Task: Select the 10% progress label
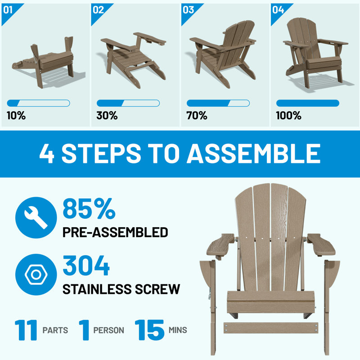[x=16, y=115]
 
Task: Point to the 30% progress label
[x=107, y=115]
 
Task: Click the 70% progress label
[x=197, y=115]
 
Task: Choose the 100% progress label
[x=288, y=115]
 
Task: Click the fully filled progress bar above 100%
[x=308, y=103]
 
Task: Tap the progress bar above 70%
[x=218, y=103]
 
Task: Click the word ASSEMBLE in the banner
[x=253, y=153]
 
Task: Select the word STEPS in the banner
[x=101, y=153]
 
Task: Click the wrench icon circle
[x=36, y=217]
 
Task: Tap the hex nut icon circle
[x=36, y=274]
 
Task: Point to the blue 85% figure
[x=89, y=209]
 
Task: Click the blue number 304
[x=86, y=265]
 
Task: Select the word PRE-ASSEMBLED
[x=115, y=232]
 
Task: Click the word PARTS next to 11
[x=55, y=330]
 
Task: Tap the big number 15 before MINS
[x=149, y=330]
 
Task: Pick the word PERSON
[x=108, y=330]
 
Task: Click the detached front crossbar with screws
[x=271, y=328]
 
